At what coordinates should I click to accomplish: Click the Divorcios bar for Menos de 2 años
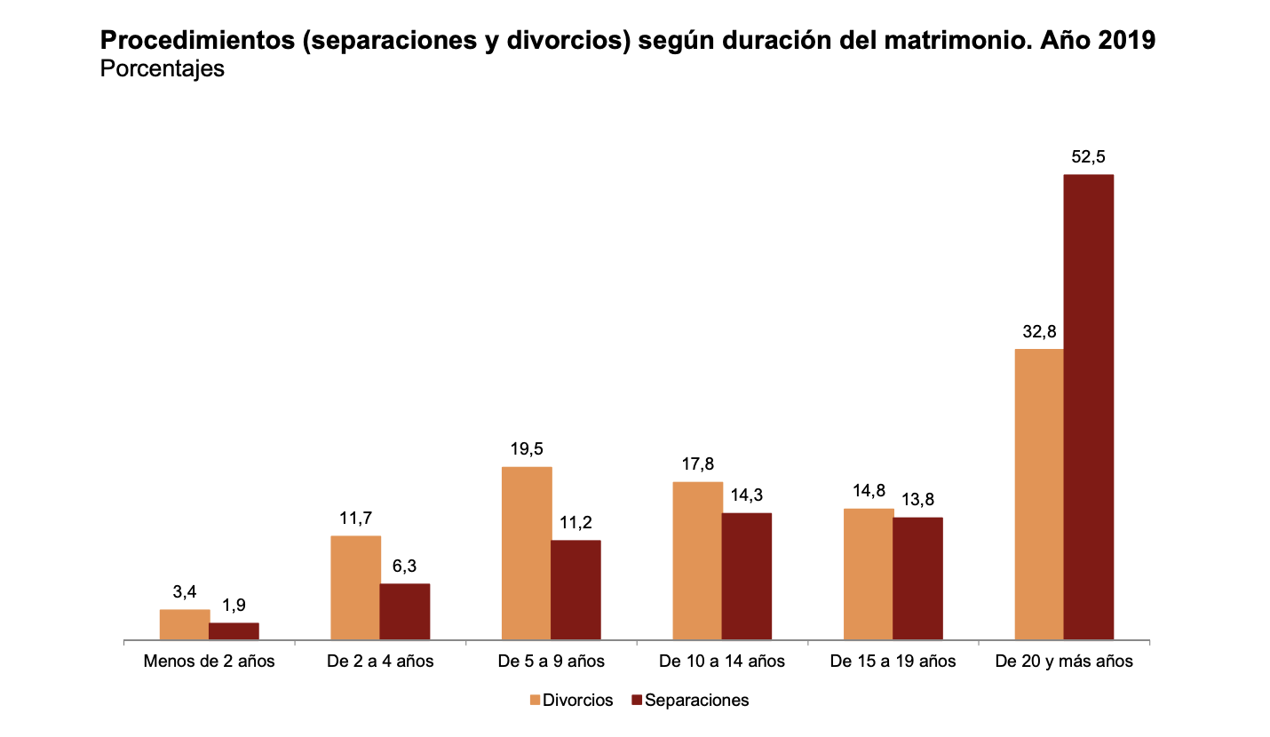(185, 624)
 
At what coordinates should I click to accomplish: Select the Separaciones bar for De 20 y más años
(1088, 407)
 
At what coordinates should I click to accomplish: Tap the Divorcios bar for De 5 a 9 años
(527, 552)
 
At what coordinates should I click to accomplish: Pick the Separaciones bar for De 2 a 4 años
(405, 611)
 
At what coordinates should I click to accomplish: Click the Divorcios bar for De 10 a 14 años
(697, 560)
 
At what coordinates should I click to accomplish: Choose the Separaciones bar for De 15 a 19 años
(917, 578)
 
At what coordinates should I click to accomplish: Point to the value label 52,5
(1088, 157)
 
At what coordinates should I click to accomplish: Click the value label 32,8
(1038, 332)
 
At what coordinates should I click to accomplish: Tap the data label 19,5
(527, 449)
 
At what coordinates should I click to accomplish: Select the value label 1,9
(234, 606)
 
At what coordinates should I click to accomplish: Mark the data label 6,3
(405, 567)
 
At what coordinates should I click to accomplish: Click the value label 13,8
(917, 500)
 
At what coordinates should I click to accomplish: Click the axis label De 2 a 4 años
(380, 662)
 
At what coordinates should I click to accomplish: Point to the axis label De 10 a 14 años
(722, 662)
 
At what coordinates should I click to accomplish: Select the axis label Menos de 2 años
(210, 662)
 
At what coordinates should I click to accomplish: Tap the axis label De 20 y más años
(1064, 662)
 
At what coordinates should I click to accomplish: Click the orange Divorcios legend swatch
(535, 701)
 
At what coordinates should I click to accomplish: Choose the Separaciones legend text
(696, 701)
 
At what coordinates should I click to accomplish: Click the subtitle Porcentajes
(163, 68)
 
